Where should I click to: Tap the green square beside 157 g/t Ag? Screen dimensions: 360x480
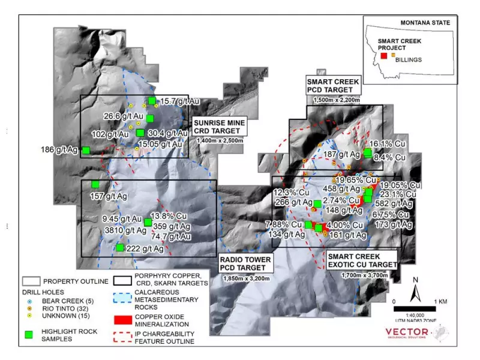[95, 184]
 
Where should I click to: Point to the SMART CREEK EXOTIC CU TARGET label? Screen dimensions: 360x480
[362, 260]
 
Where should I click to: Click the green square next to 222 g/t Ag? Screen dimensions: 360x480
[120, 247]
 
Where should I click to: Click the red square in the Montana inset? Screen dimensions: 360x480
[383, 56]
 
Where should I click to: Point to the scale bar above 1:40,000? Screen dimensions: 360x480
[416, 309]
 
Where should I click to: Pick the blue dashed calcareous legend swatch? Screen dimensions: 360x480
[127, 296]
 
